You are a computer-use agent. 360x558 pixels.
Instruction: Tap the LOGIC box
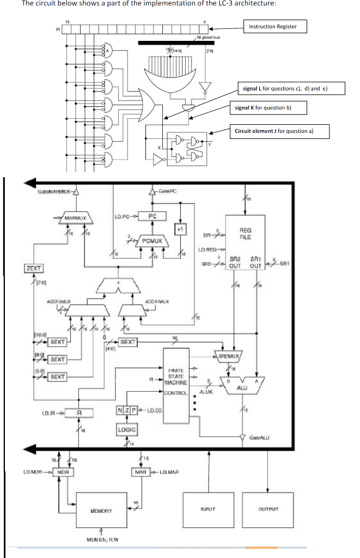coord(126,430)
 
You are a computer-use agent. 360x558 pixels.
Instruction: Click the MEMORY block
coord(101,511)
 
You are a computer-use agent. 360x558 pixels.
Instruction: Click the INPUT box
coord(202,511)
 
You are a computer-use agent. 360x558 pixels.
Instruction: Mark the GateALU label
coord(258,438)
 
